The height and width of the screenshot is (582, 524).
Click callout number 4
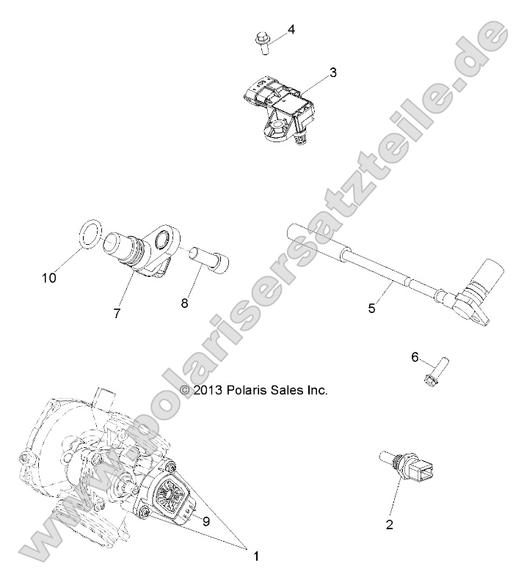[x=291, y=30]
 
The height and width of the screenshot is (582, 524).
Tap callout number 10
[x=49, y=278]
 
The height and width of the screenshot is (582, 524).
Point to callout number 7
[x=117, y=313]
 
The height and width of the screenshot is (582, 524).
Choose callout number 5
[x=372, y=309]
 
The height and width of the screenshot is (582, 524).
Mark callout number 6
[x=415, y=357]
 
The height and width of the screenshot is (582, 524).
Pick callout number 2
[x=390, y=524]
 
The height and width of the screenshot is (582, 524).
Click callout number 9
[x=206, y=521]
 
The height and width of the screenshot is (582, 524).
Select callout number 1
[x=256, y=556]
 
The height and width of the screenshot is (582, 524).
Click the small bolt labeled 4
[x=263, y=42]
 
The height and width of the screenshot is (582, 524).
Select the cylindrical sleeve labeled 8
[x=209, y=258]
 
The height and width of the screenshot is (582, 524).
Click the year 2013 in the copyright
[x=209, y=391]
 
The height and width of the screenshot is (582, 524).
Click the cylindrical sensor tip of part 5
[x=490, y=279]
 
